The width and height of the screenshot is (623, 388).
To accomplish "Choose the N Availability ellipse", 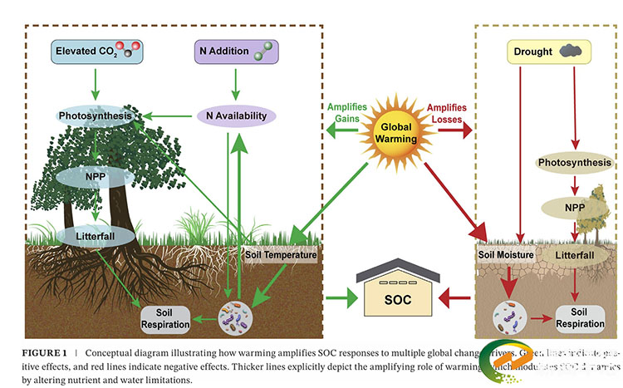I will [x=236, y=116].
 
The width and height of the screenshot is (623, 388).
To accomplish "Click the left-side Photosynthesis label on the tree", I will [x=95, y=116].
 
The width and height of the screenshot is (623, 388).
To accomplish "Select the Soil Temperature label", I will [x=281, y=256].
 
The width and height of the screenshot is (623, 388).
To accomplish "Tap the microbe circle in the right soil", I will [x=509, y=317].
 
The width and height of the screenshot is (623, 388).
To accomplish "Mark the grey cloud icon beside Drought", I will [x=571, y=52].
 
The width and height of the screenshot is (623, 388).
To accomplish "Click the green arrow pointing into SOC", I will [x=339, y=296].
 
